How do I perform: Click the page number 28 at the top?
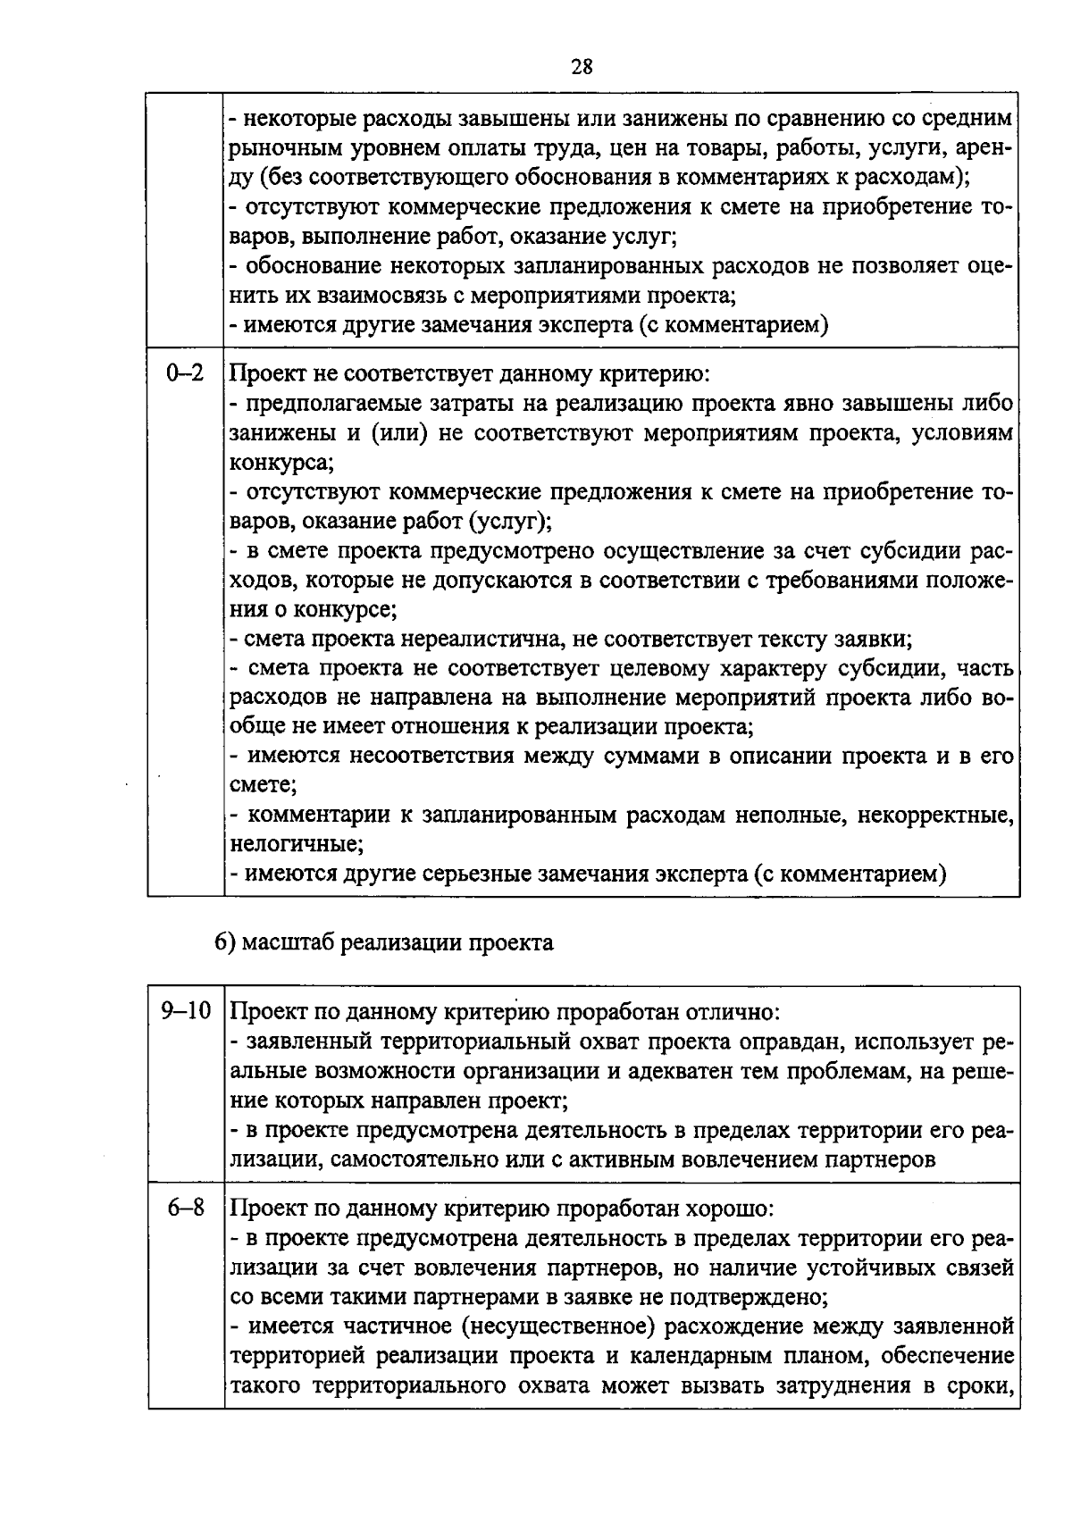tap(582, 68)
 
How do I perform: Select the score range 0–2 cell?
tap(185, 374)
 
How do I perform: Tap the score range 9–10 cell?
tap(185, 1011)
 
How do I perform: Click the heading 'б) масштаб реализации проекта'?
tap(383, 942)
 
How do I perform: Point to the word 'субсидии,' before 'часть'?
tap(896, 669)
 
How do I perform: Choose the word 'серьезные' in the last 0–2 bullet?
tap(474, 873)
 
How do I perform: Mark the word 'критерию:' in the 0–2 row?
tap(655, 374)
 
